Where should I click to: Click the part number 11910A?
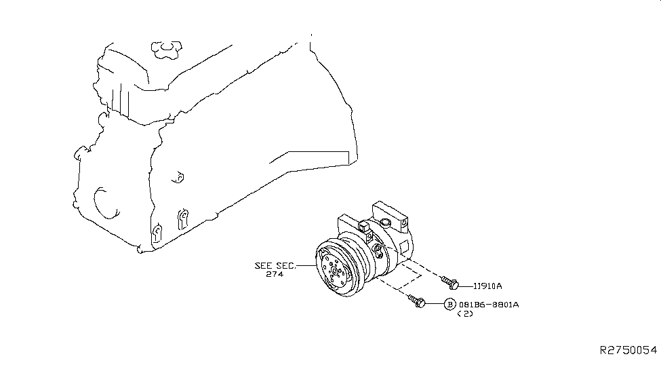click(487, 286)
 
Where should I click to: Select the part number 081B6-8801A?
click(489, 304)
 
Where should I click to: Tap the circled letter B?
click(449, 304)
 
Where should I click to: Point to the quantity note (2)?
click(465, 313)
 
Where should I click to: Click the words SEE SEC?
click(275, 266)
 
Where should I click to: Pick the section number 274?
click(275, 274)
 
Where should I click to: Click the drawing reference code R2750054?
click(628, 350)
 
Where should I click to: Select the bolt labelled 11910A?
click(449, 283)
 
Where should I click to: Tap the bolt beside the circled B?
click(416, 301)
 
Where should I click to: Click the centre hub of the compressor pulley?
click(334, 271)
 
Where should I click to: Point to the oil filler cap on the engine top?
click(167, 50)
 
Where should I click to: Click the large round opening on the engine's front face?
click(104, 203)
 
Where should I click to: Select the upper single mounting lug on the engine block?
click(179, 178)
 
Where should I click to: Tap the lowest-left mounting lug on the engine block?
click(157, 234)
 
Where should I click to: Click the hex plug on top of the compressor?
click(385, 223)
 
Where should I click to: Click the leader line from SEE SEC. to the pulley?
click(306, 266)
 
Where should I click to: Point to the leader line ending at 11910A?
click(466, 286)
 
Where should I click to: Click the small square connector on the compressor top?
click(364, 227)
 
